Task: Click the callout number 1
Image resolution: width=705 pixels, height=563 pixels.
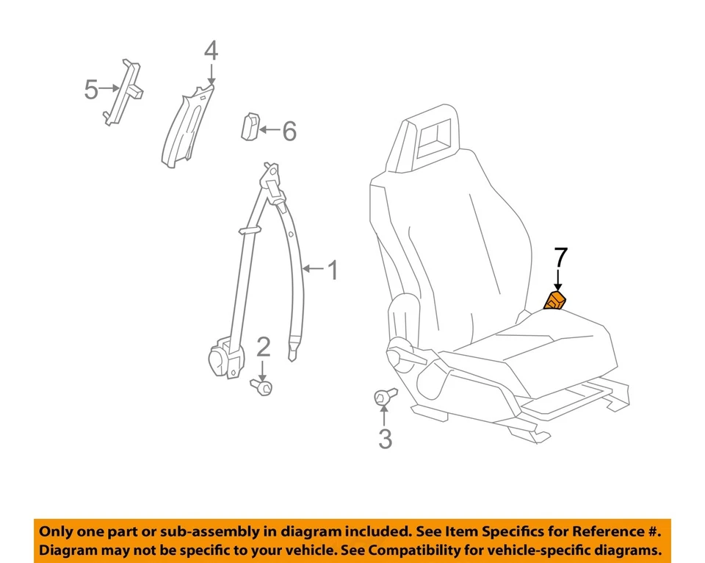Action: pos(332,270)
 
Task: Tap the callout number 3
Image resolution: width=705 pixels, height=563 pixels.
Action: pos(385,440)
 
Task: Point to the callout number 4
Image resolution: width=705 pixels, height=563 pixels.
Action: pos(211,51)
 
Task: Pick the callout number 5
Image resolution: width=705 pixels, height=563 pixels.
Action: pos(91,90)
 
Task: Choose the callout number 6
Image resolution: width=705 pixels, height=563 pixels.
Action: pos(289,132)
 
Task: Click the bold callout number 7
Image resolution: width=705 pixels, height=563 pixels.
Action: pos(560,258)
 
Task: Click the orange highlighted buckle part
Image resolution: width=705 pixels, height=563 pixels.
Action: pos(554,301)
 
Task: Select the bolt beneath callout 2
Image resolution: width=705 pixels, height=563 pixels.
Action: pos(261,385)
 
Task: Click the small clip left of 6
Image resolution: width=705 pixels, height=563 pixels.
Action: pos(249,126)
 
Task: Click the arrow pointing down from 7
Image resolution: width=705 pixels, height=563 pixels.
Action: pos(558,280)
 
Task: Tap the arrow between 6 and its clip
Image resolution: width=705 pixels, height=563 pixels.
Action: pos(269,131)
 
